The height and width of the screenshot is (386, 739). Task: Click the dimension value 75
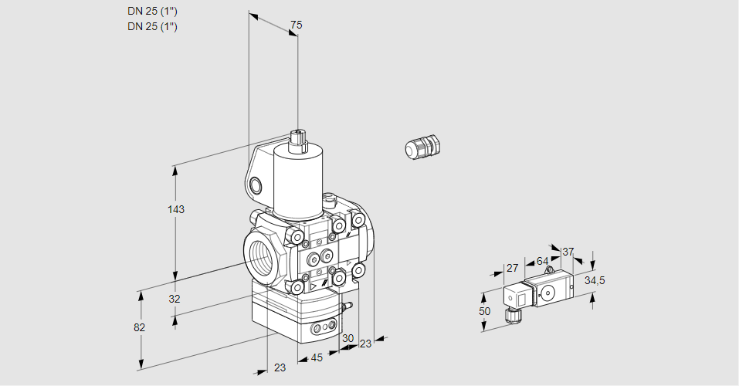coord(296,25)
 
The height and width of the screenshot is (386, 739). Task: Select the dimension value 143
coord(176,209)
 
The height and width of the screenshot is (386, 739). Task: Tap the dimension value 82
coord(139,327)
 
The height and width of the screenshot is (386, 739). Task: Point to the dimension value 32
coord(175,299)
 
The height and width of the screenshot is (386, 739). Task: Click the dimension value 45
coord(317,357)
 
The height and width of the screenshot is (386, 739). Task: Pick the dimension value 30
coord(347,338)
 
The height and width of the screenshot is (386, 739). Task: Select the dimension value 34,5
coord(595,281)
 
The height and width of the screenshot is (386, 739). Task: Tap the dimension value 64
coord(542,261)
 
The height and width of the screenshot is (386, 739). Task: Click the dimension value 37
coord(568,252)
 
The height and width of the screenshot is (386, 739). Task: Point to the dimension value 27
coord(512,268)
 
